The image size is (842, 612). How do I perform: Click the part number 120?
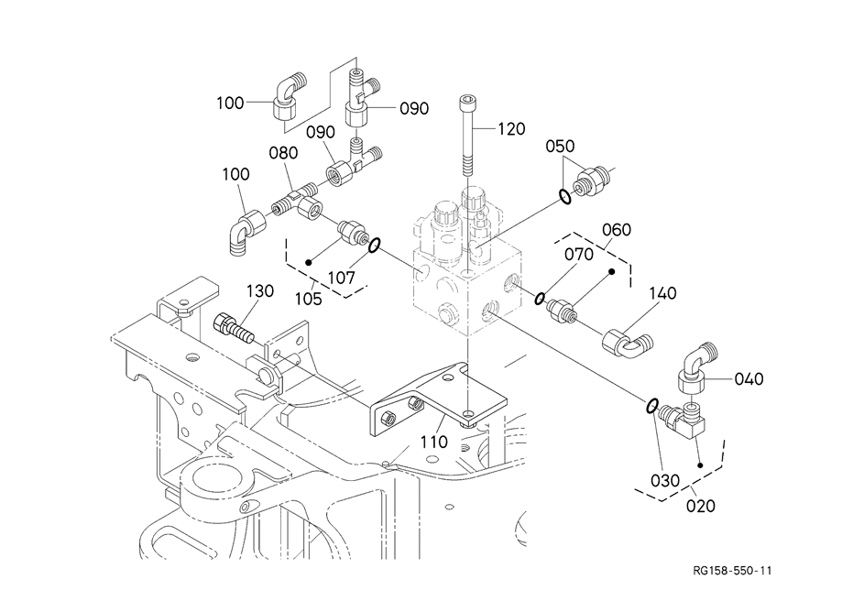(x=511, y=129)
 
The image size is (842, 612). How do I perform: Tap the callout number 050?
(x=560, y=147)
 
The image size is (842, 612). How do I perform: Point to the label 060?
(x=617, y=229)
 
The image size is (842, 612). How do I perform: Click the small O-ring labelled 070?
(x=541, y=298)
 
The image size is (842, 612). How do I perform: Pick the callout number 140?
(x=662, y=294)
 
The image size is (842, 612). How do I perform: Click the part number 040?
(x=749, y=378)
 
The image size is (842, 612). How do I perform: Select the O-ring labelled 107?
(x=374, y=245)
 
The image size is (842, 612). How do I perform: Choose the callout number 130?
(x=259, y=291)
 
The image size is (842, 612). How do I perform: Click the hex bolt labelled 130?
(x=233, y=327)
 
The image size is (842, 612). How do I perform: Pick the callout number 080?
(x=284, y=153)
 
